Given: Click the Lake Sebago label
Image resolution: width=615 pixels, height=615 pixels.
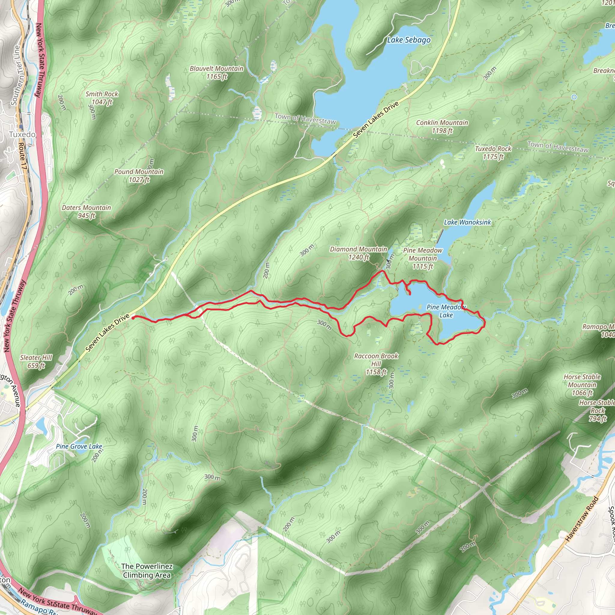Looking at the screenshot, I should pos(409,40).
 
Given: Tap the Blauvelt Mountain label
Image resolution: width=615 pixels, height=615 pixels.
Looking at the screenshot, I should pos(217,73).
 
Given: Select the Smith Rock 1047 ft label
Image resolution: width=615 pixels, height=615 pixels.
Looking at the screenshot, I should pos(102,98).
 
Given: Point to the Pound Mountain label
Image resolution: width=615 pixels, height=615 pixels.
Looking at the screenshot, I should pos(139,176).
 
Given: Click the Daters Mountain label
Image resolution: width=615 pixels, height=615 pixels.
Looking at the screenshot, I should pos(86,212).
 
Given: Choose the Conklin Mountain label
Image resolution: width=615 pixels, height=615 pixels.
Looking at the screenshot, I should pos(442,127).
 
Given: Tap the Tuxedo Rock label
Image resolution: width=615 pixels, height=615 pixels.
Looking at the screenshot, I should pos(493,153).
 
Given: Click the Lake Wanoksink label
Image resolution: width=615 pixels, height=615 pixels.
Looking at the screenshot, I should pos(467,222).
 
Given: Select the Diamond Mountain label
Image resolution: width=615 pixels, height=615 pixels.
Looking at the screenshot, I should pos(359,253).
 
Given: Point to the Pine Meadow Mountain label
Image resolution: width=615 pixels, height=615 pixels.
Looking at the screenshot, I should pos(423,258).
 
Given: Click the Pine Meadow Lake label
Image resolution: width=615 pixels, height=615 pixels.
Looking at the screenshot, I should pos(446,311).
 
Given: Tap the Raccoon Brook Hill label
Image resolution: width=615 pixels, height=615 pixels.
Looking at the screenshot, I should pos(376,364).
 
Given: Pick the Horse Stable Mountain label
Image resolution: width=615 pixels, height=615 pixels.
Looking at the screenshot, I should pos(582,385).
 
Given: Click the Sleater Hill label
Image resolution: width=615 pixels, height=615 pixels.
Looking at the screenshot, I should pos(36,362).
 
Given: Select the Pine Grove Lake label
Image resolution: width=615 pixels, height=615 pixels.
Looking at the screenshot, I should pos(79,446).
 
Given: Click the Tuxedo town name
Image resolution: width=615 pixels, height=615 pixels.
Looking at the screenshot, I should pos(22,134).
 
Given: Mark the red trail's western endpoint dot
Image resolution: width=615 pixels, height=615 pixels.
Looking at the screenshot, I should pos(133,317).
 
